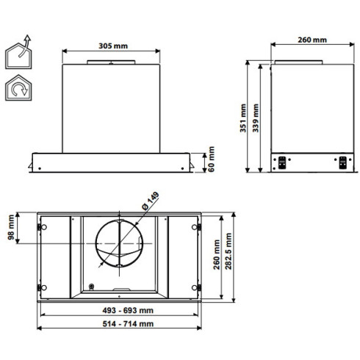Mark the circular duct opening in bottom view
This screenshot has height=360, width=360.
(x=120, y=242)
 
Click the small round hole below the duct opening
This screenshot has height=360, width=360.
(x=91, y=287)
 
